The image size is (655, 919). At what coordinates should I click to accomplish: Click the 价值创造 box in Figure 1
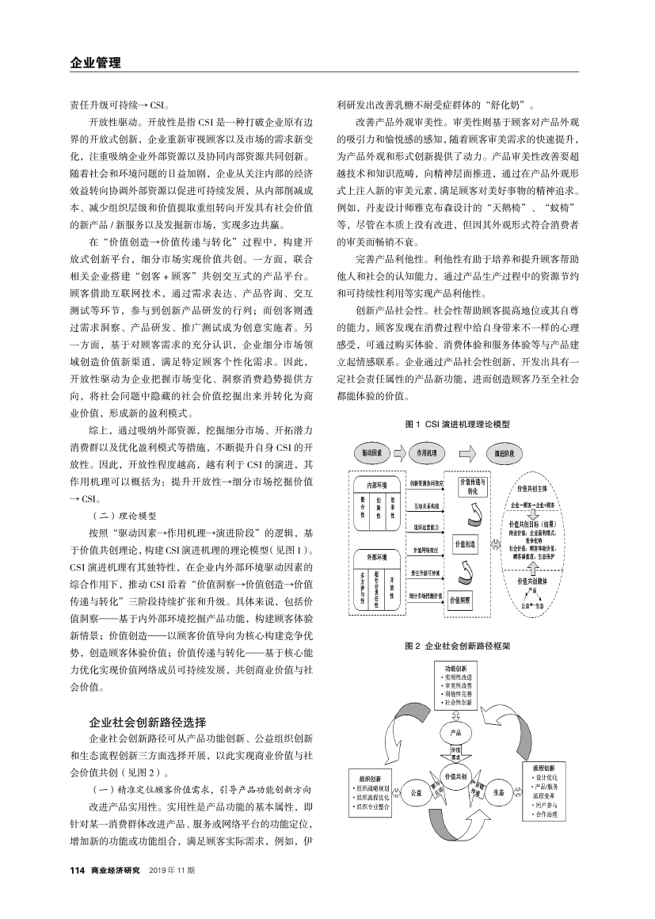click(464, 544)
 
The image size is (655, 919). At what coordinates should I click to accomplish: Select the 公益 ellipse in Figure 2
click(416, 791)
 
